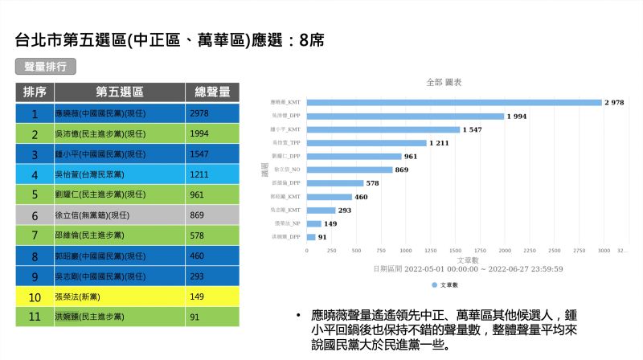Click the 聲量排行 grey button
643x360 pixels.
[45, 67]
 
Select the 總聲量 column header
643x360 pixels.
[212, 92]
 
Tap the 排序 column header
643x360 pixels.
[35, 92]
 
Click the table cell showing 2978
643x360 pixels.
[212, 113]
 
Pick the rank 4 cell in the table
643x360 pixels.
[35, 174]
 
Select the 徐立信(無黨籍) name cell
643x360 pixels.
[119, 215]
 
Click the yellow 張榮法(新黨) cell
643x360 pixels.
[119, 297]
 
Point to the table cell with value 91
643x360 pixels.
[212, 317]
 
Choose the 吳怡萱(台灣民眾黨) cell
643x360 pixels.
[119, 174]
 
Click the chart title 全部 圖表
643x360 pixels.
[444, 83]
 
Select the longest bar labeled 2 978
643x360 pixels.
[454, 103]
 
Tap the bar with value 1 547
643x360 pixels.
[383, 129]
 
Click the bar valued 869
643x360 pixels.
[350, 170]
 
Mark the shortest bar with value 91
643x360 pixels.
[311, 237]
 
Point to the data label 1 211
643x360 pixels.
[439, 143]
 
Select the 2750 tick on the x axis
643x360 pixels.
[580, 251]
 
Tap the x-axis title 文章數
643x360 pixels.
[468, 260]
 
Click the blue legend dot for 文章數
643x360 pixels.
[435, 285]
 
